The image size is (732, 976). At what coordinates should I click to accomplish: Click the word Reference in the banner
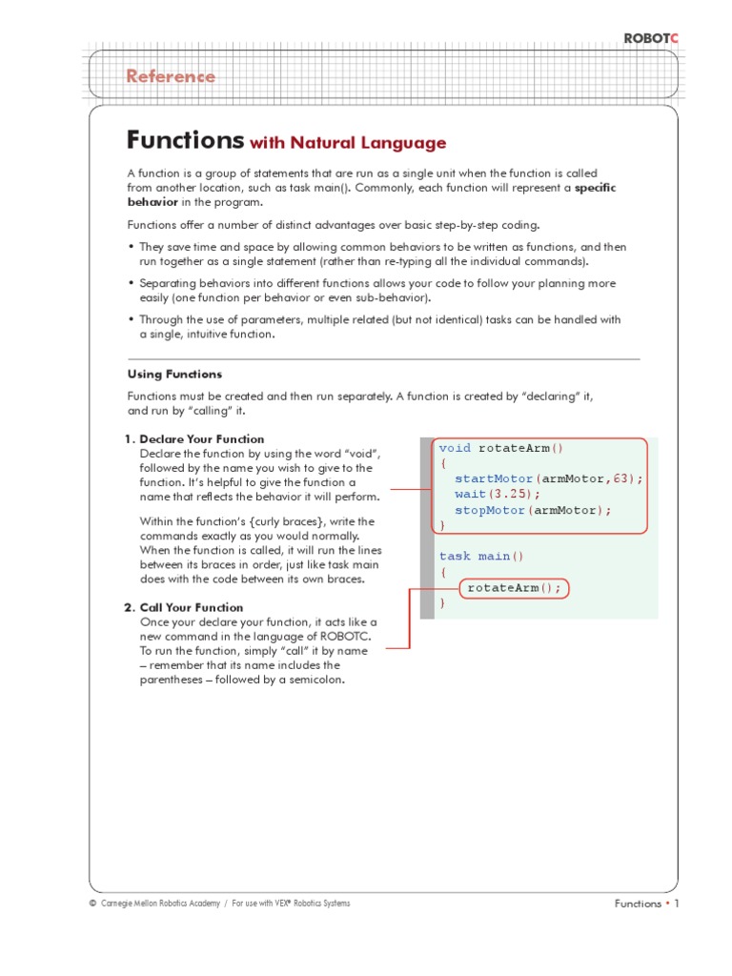click(x=172, y=76)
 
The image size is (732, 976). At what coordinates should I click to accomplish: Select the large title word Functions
click(x=185, y=140)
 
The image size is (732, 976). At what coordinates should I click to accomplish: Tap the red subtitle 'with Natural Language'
click(x=348, y=144)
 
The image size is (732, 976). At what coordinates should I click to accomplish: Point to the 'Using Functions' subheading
click(x=175, y=375)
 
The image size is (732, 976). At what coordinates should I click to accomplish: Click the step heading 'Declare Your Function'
click(x=201, y=439)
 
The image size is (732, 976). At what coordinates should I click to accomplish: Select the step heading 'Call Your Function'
click(x=191, y=607)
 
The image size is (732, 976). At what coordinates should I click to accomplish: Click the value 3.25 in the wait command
click(x=513, y=494)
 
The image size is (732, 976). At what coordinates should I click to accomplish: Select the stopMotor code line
click(x=533, y=510)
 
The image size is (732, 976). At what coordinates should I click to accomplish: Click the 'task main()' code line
click(x=481, y=556)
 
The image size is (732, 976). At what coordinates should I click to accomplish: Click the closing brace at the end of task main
click(x=442, y=603)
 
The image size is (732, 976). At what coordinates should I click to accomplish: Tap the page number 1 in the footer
click(x=677, y=904)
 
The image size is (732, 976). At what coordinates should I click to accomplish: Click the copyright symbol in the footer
click(x=91, y=904)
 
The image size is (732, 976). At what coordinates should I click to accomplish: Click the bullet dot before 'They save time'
click(x=132, y=247)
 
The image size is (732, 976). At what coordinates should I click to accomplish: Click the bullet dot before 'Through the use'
click(x=132, y=320)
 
